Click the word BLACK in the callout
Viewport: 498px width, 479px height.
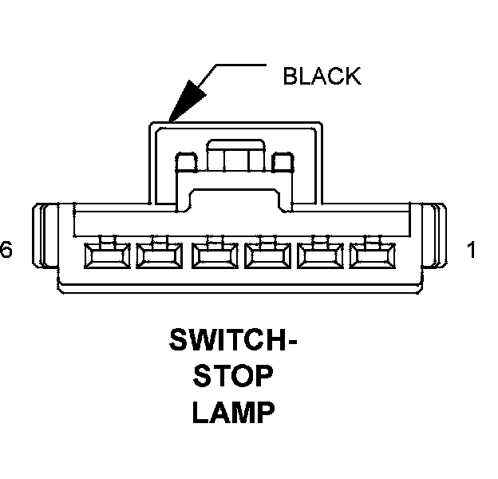click(x=322, y=77)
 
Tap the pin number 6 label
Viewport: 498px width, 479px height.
click(x=6, y=251)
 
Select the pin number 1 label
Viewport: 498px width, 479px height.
click(x=471, y=251)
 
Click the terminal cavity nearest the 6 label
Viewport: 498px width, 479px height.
click(x=105, y=255)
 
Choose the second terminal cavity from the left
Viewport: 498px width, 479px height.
click(x=160, y=255)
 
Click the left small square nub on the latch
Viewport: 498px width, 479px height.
click(x=184, y=163)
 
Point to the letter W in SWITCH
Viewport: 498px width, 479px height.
click(x=203, y=341)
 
